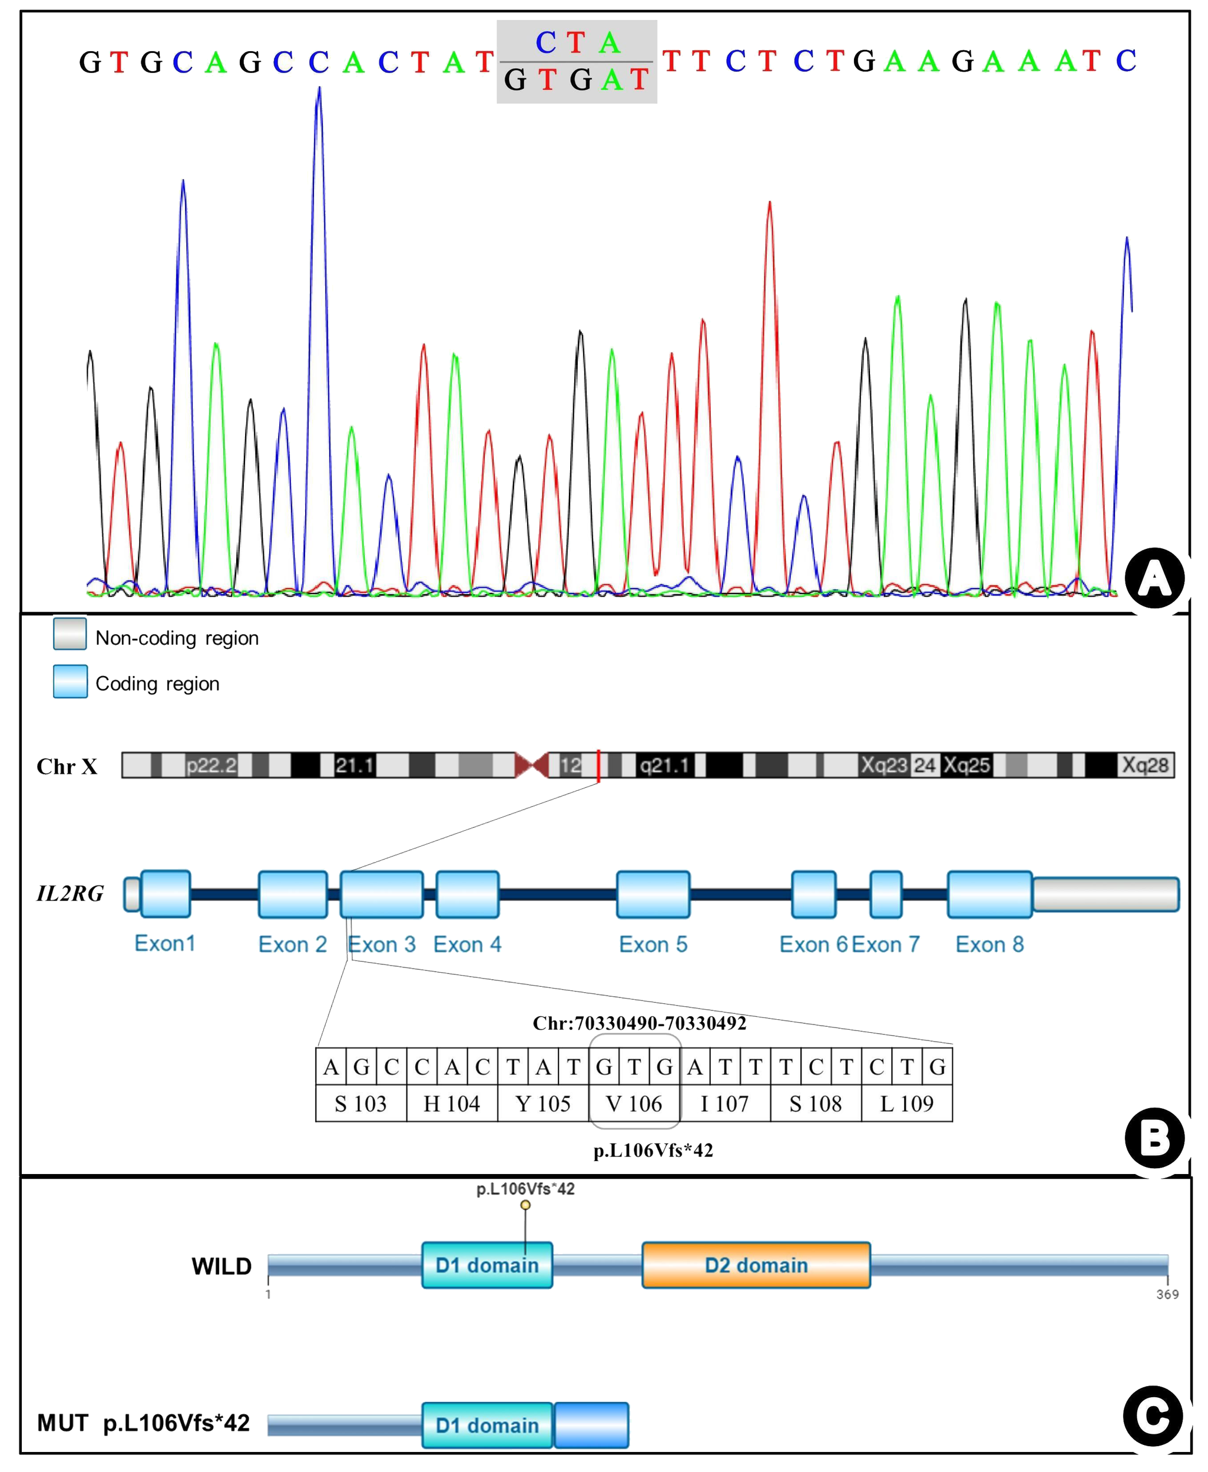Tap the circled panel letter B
coord(1154,1139)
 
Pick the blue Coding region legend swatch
coord(70,682)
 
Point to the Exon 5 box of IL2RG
coord(653,894)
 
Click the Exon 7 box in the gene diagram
coord(886,894)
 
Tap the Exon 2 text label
coord(292,944)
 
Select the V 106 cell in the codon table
coord(634,1104)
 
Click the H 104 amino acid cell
coord(452,1104)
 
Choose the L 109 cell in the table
coord(906,1104)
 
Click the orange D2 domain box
coord(756,1265)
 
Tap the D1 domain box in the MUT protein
coord(487,1425)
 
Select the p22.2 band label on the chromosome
coord(211,766)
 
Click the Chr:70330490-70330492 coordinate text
coord(639,1023)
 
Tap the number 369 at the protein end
coord(1167,1295)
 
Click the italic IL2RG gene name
coord(70,894)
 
